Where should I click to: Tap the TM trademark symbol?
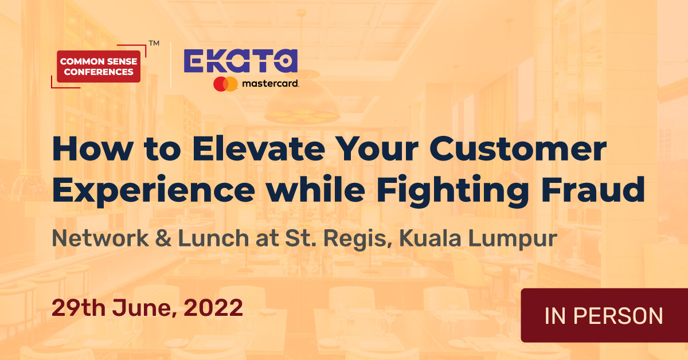pyautogui.click(x=154, y=44)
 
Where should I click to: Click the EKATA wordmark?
pyautogui.click(x=240, y=62)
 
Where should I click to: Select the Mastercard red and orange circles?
pyautogui.click(x=225, y=84)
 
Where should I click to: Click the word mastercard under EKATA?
pyautogui.click(x=269, y=84)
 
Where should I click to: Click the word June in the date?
pyautogui.click(x=143, y=309)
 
